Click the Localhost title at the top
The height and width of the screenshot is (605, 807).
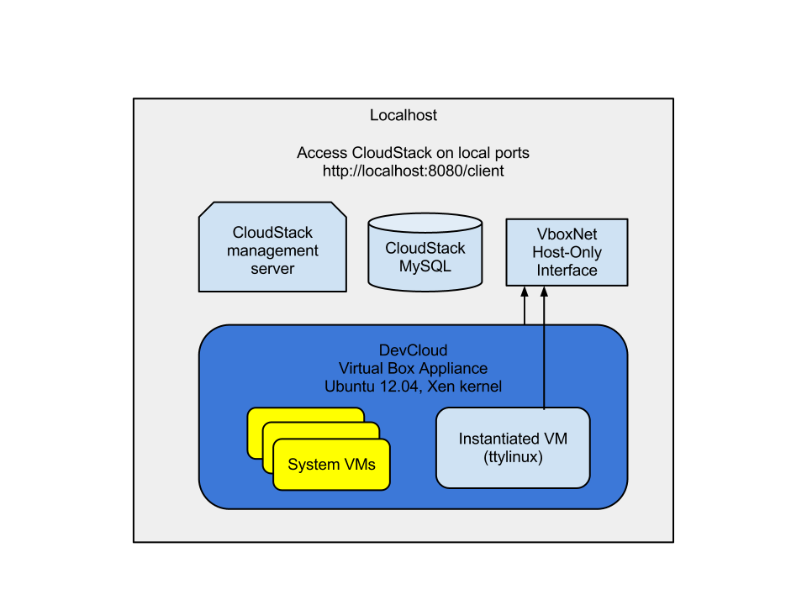(403, 115)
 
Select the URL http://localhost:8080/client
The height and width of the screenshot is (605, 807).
(413, 171)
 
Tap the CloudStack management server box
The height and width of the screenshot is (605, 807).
(272, 247)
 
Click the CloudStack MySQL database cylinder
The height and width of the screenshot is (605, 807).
(425, 252)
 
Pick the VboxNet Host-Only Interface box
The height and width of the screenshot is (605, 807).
(567, 251)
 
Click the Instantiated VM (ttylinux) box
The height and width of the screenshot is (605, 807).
(513, 448)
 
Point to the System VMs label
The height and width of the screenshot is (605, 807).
(331, 465)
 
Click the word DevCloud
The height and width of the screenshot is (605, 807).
(413, 350)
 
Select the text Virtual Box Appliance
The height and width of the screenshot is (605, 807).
(413, 368)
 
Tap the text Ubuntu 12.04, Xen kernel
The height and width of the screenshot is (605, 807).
(413, 387)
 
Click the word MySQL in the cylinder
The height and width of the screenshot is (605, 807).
(425, 267)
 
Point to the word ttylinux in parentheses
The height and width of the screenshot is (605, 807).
(513, 458)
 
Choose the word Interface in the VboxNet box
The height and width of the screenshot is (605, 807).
(567, 271)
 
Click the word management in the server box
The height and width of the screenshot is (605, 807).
(272, 250)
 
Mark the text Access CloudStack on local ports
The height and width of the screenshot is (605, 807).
(413, 153)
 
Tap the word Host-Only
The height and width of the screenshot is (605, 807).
(567, 252)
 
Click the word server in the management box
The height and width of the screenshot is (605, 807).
(272, 269)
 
